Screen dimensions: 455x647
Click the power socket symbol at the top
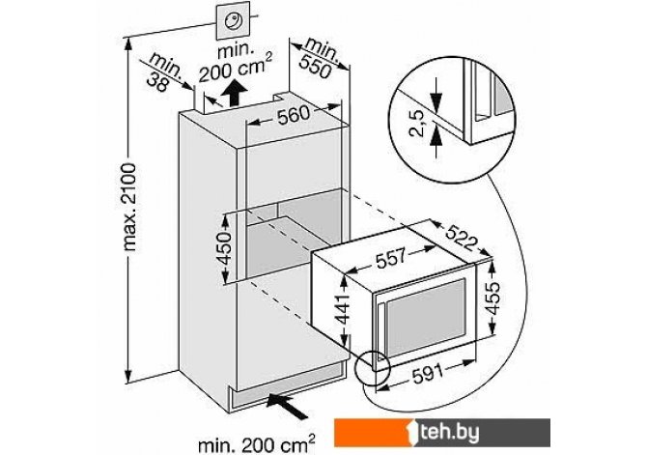(x=233, y=22)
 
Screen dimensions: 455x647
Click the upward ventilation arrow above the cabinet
(x=233, y=95)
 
